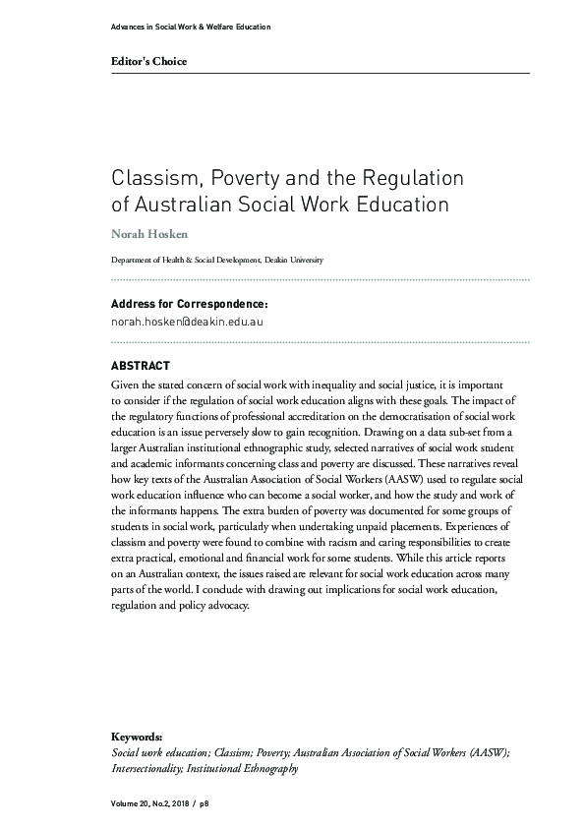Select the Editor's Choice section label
point(148,62)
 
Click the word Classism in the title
point(150,180)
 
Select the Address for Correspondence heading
point(189,305)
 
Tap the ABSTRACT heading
point(141,366)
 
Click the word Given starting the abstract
point(128,385)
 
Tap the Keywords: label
point(137,737)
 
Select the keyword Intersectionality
point(148,767)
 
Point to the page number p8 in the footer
point(205,803)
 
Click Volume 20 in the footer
point(133,803)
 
